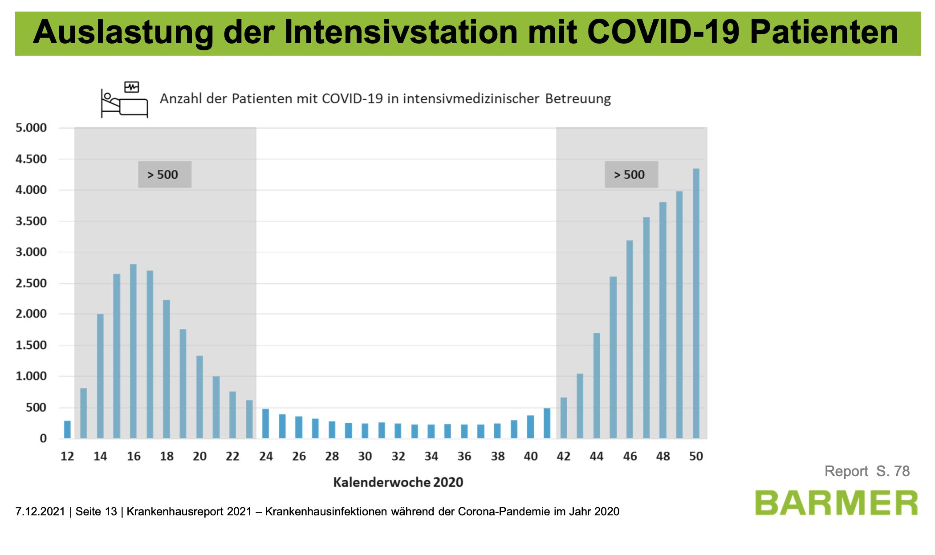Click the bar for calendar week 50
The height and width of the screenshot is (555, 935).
696,303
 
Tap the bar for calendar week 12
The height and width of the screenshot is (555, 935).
67,429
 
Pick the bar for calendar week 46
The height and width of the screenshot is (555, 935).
630,339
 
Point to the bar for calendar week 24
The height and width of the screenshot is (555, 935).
265,424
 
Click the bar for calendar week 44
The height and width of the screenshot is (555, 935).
597,386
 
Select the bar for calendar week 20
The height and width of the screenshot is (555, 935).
199,397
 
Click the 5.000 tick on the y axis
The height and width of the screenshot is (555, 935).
31,128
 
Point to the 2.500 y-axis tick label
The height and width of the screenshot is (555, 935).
31,283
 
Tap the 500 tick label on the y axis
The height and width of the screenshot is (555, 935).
36,408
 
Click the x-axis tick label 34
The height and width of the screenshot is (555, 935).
431,456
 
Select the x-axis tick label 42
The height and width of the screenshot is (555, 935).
563,456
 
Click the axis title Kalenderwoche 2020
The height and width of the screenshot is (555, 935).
398,482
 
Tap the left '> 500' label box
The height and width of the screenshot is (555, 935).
164,175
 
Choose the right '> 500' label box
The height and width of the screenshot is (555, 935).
631,175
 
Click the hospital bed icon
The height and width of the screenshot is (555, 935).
124,99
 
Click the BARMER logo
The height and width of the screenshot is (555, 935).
836,503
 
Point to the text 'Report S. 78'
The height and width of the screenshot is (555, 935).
866,471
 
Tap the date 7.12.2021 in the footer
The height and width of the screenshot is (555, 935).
40,511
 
